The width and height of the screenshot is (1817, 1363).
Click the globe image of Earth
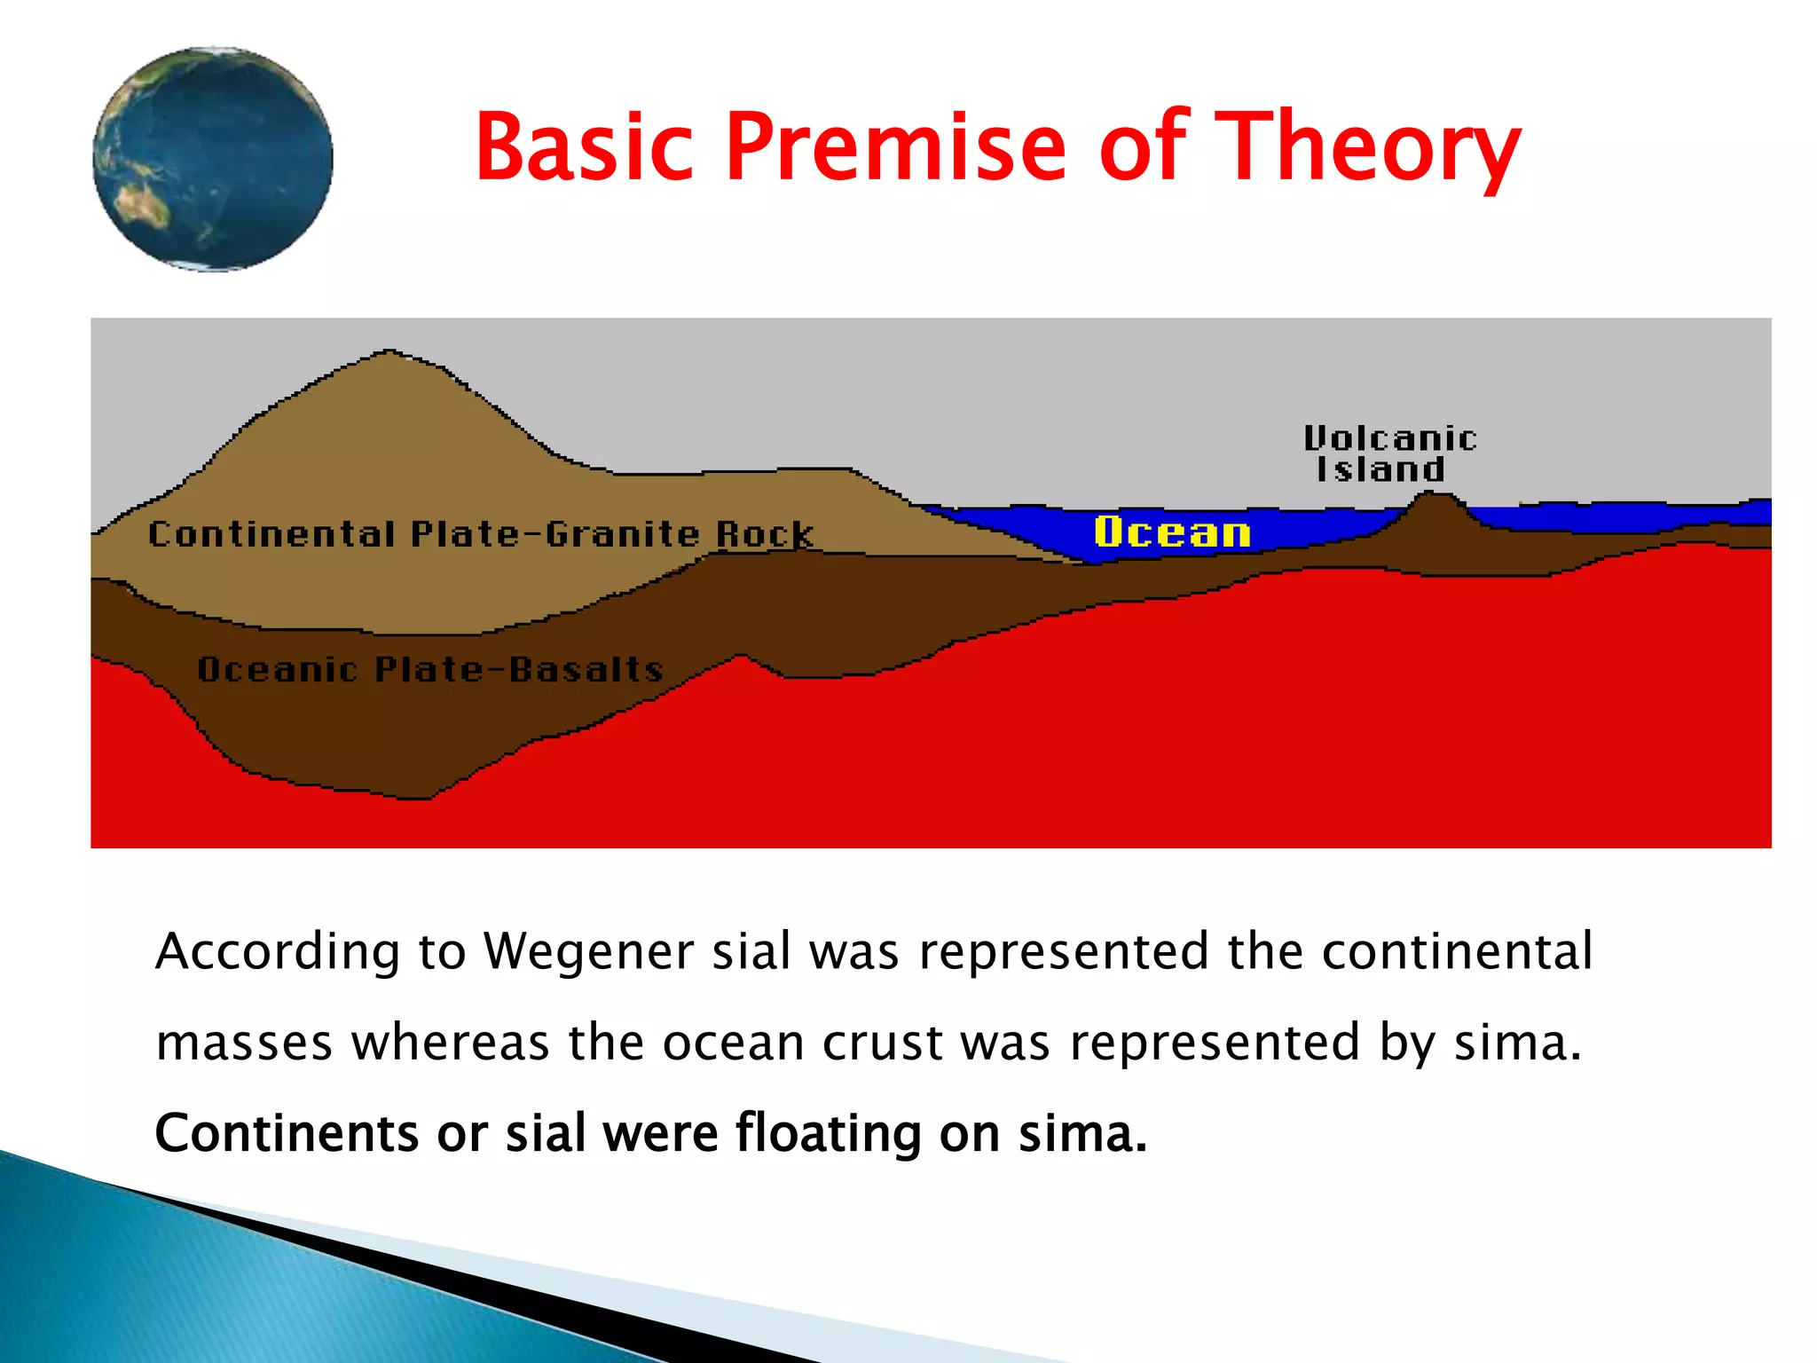click(213, 160)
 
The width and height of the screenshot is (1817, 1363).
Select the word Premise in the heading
click(896, 146)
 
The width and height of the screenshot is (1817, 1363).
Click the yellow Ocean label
click(1172, 532)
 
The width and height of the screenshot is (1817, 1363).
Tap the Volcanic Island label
click(1388, 453)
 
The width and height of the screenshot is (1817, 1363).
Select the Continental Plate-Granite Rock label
click(480, 534)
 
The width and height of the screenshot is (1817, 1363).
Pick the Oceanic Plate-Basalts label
click(430, 669)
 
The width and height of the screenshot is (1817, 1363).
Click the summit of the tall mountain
click(388, 353)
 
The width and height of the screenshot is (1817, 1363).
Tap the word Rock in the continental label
click(764, 534)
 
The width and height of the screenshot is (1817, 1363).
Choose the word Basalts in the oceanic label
click(586, 669)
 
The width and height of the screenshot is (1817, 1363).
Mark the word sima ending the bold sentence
click(1082, 1134)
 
